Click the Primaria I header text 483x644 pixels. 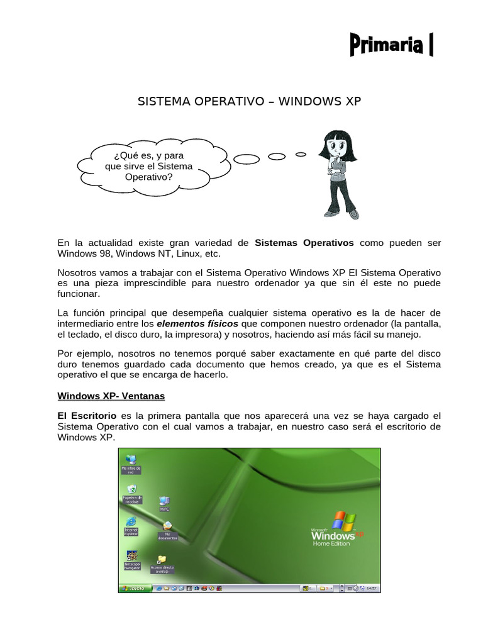tap(391, 46)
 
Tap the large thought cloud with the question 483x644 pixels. tap(148, 166)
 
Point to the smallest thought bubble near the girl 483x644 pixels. tap(301, 153)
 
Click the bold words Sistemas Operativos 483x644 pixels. tap(304, 243)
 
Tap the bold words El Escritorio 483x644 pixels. tap(87, 416)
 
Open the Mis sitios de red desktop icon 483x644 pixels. tap(131, 460)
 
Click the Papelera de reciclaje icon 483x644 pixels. tap(132, 490)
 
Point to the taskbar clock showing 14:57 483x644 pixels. tap(371, 588)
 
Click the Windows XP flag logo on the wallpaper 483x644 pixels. tap(343, 521)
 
